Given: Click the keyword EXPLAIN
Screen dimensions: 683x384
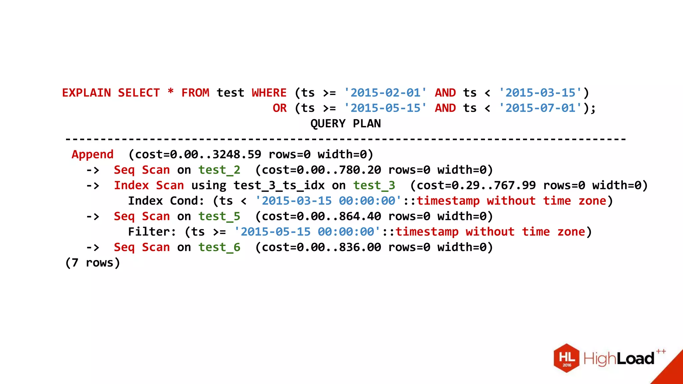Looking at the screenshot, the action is coord(86,93).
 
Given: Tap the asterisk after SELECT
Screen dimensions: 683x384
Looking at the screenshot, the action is coord(170,92).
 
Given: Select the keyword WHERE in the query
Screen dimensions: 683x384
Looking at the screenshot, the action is coord(269,93).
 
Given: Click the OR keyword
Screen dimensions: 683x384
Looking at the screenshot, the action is coord(279,108).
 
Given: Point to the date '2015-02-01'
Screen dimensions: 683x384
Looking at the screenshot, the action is coord(385,93).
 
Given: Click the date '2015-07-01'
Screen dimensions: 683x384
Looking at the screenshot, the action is coord(540,108).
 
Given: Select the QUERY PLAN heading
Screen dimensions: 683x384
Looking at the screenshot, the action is coord(346,124).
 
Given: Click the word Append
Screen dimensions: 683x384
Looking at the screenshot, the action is coord(93,155).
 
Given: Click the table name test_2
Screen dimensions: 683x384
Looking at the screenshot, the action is coord(219,170).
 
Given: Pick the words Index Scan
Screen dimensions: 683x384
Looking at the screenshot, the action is coord(149,185).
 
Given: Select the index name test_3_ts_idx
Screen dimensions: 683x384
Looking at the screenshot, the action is coord(279,185).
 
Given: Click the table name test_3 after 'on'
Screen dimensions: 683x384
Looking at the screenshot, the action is coord(374,185).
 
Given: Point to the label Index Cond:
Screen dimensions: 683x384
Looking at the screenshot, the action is coord(166,201).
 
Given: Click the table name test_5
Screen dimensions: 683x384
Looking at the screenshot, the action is coord(219,216).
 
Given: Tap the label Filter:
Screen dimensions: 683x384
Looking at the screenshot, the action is coord(152,232).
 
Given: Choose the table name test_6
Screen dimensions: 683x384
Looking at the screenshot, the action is coord(219,247).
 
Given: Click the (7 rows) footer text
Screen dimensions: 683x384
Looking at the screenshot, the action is coord(93,263).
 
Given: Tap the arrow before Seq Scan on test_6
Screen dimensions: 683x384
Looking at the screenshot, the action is coord(93,247).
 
